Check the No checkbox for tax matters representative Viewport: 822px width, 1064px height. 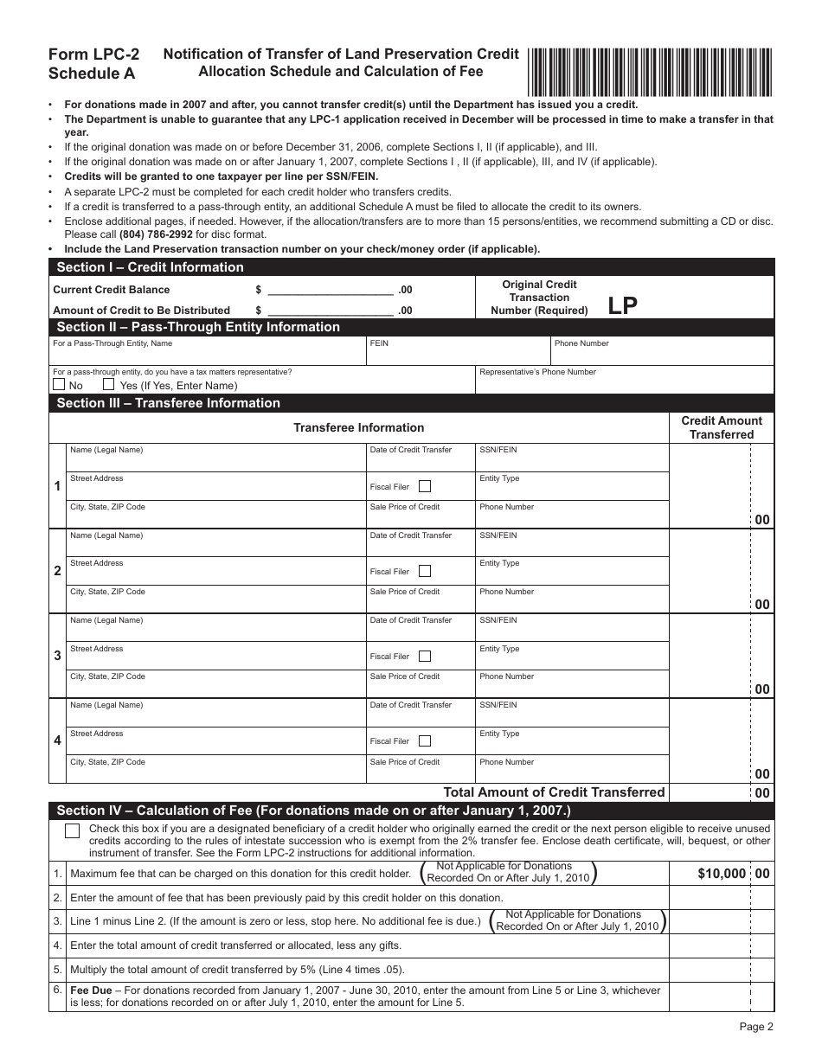[59, 384]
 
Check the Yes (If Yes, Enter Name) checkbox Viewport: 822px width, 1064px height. [109, 384]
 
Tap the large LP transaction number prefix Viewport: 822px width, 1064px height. [622, 305]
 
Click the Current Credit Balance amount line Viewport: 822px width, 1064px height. [331, 290]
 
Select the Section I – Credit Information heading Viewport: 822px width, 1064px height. [150, 267]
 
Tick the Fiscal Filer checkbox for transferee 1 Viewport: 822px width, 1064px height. [425, 486]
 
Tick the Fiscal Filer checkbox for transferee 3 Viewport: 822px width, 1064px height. [425, 656]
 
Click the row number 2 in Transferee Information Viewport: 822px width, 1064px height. [57, 571]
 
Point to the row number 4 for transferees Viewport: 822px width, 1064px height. [57, 740]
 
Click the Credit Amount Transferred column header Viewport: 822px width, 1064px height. [722, 427]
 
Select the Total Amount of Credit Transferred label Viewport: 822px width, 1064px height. [554, 792]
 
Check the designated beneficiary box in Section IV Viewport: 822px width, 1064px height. [73, 830]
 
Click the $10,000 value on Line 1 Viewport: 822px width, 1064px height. [721, 874]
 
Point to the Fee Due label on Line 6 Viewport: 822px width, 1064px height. [91, 990]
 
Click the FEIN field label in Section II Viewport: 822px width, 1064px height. [379, 343]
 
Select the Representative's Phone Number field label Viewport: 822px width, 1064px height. [537, 372]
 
